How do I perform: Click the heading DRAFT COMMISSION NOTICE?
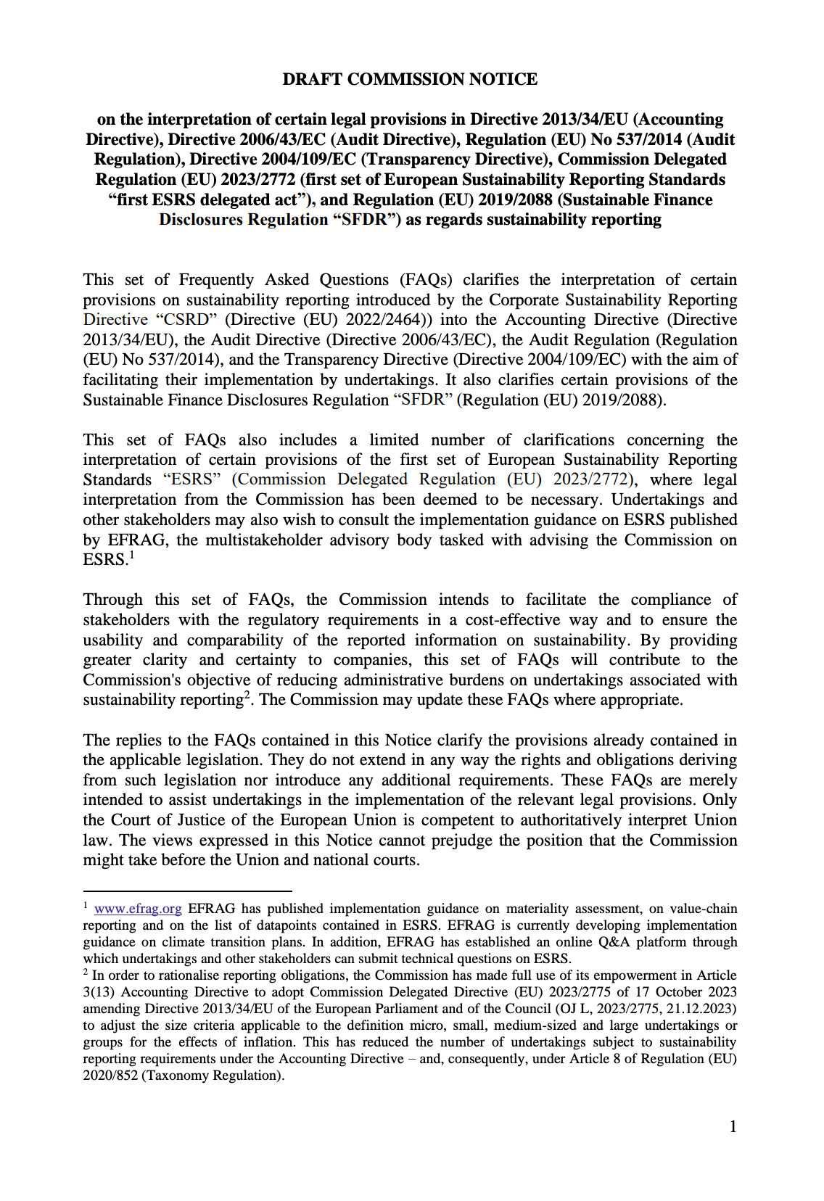[410, 79]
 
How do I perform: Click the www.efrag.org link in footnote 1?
[138, 909]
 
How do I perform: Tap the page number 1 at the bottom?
[733, 1126]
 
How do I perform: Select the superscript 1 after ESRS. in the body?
[131, 556]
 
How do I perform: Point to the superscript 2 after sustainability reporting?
[247, 696]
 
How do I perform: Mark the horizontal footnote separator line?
[187, 891]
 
